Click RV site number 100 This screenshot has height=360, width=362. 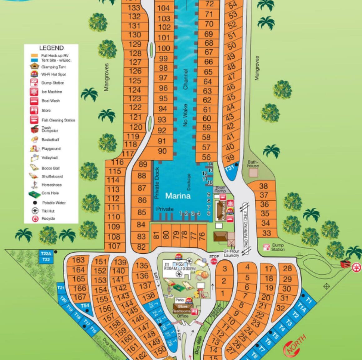pos(163,48)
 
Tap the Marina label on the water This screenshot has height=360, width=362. pos(178,196)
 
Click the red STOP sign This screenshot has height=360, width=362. pos(214,261)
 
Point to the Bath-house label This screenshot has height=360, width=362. pos(253,164)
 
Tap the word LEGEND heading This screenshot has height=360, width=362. pos(51,48)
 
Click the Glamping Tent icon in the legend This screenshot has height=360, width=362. pos(34,67)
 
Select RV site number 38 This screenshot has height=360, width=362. pos(264,186)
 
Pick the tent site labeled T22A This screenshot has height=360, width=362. pos(46,253)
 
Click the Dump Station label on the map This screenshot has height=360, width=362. pos(278,247)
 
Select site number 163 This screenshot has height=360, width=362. pos(78,260)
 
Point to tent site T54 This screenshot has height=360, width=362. pos(85,306)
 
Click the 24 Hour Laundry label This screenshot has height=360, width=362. pos(231,253)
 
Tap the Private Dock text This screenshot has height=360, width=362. pos(157,183)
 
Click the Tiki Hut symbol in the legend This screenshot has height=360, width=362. pos(35,211)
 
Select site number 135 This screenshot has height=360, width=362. pos(142,266)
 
